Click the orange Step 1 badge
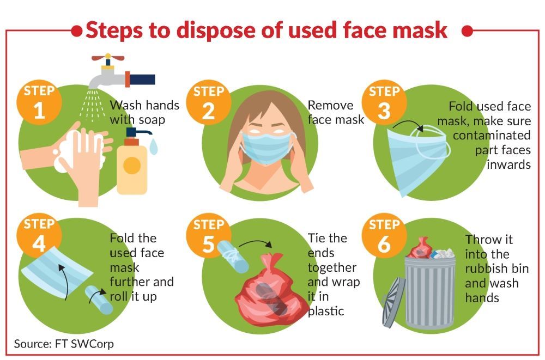click(39, 103)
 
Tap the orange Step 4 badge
click(39, 236)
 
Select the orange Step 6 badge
click(384, 236)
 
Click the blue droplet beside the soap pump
click(153, 147)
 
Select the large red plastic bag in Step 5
click(271, 292)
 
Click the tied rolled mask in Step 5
click(233, 257)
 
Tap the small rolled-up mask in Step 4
click(99, 300)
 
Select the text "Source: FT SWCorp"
click(64, 344)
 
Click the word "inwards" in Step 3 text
click(508, 164)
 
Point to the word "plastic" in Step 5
click(326, 311)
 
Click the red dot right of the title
click(467, 31)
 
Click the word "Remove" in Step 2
click(331, 105)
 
